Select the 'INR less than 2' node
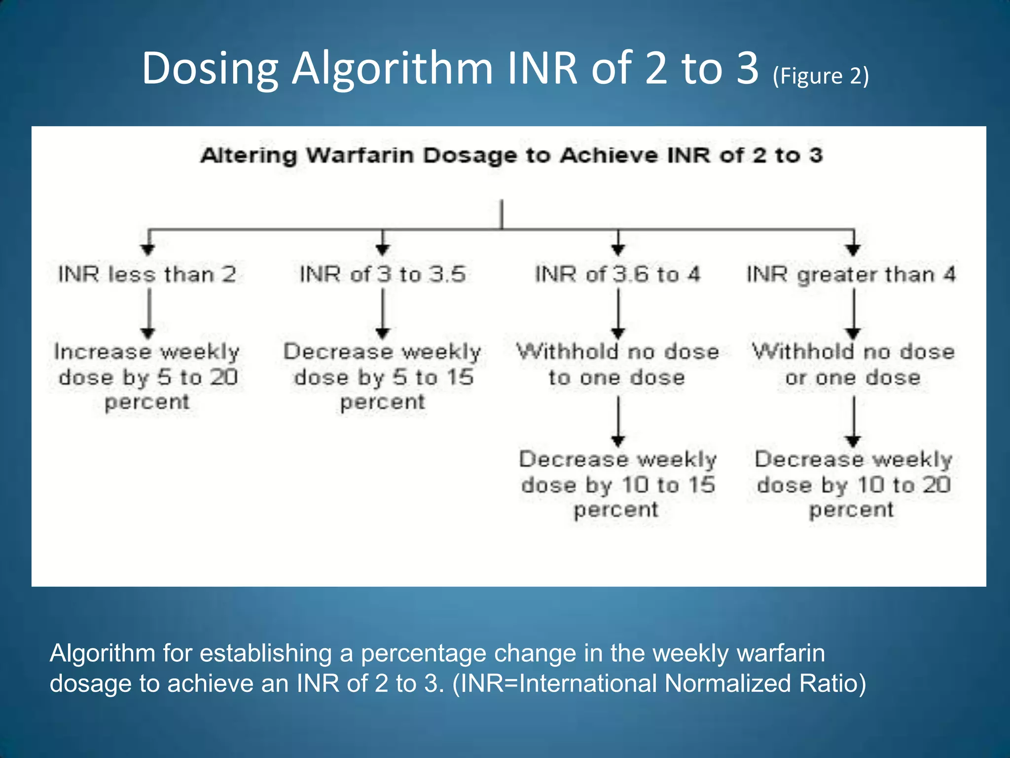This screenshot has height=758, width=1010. tap(147, 274)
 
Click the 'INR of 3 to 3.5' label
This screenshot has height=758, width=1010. tap(383, 274)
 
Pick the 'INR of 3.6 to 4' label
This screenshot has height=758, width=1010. tap(618, 274)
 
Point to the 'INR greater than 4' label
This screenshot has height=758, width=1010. tap(851, 274)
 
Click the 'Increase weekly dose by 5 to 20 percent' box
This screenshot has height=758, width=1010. tap(147, 377)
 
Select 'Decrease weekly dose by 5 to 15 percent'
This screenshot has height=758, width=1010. tap(383, 377)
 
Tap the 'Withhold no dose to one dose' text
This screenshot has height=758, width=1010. tap(617, 365)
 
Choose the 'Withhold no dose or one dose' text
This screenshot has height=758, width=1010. tap(853, 365)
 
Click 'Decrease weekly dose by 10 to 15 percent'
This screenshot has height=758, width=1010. tap(617, 485)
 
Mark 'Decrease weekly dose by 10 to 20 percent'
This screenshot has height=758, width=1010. tap(853, 485)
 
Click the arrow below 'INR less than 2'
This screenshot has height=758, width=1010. tap(148, 313)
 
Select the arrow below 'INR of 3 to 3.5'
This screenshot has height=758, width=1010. tap(383, 313)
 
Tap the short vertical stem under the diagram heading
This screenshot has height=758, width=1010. tap(502, 214)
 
